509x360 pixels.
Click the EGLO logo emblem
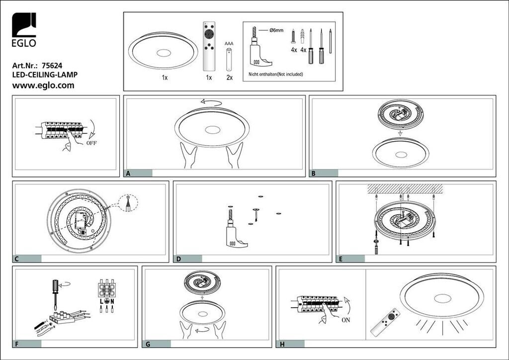(x=24, y=25)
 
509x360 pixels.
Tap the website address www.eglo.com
(x=43, y=86)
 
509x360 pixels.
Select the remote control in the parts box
(x=209, y=46)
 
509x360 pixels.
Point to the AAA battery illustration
(x=229, y=59)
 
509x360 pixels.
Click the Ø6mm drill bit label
(x=276, y=30)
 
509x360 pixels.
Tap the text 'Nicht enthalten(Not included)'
(x=275, y=74)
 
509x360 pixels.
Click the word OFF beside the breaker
(x=91, y=143)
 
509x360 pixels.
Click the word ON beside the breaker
(x=346, y=320)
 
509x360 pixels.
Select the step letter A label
(x=128, y=174)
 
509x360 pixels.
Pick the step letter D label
(x=178, y=259)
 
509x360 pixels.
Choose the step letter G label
(x=148, y=344)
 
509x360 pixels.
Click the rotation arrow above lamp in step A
(x=211, y=102)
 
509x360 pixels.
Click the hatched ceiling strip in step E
(x=405, y=188)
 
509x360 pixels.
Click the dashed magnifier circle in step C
(x=128, y=203)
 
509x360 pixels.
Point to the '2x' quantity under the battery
(x=230, y=78)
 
